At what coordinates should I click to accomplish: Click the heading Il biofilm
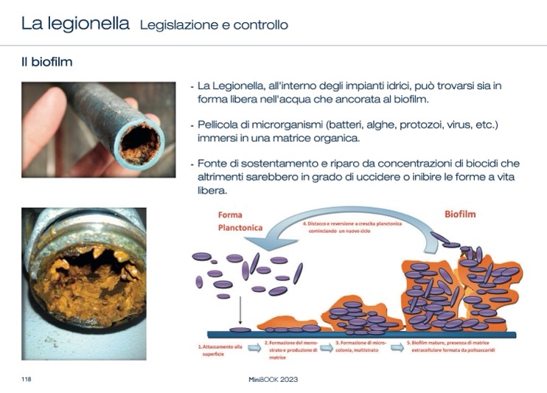point(46,62)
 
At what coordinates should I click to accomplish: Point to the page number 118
point(26,379)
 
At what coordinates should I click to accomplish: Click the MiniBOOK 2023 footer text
point(273,379)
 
